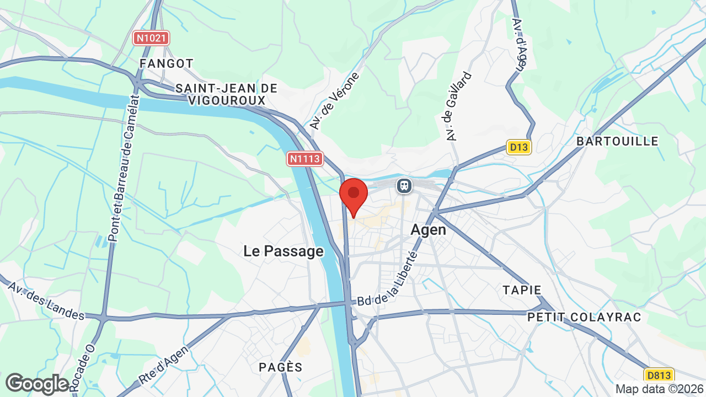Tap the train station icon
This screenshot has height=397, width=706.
pos(404,186)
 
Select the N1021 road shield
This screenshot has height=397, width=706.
pos(152,38)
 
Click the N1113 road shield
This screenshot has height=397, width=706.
pos(304,159)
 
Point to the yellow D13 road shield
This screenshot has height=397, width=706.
pos(518,147)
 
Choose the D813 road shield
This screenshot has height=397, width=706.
pos(659,375)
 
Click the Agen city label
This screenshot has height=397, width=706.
pos(429,229)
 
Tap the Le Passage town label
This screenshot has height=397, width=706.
pos(284,251)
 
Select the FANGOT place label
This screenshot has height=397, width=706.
pos(167,63)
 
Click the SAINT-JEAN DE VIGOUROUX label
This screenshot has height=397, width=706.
pos(227,94)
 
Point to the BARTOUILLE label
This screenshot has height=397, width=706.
pos(617,141)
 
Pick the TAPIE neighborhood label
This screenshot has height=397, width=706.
pos(522,289)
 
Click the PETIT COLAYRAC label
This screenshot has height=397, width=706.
pos(585,317)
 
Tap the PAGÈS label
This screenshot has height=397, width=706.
pos(281,367)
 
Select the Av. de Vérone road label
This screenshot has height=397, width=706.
pos(334,100)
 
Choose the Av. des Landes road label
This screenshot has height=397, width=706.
pos(46,301)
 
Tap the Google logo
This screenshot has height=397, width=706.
pos(37,384)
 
